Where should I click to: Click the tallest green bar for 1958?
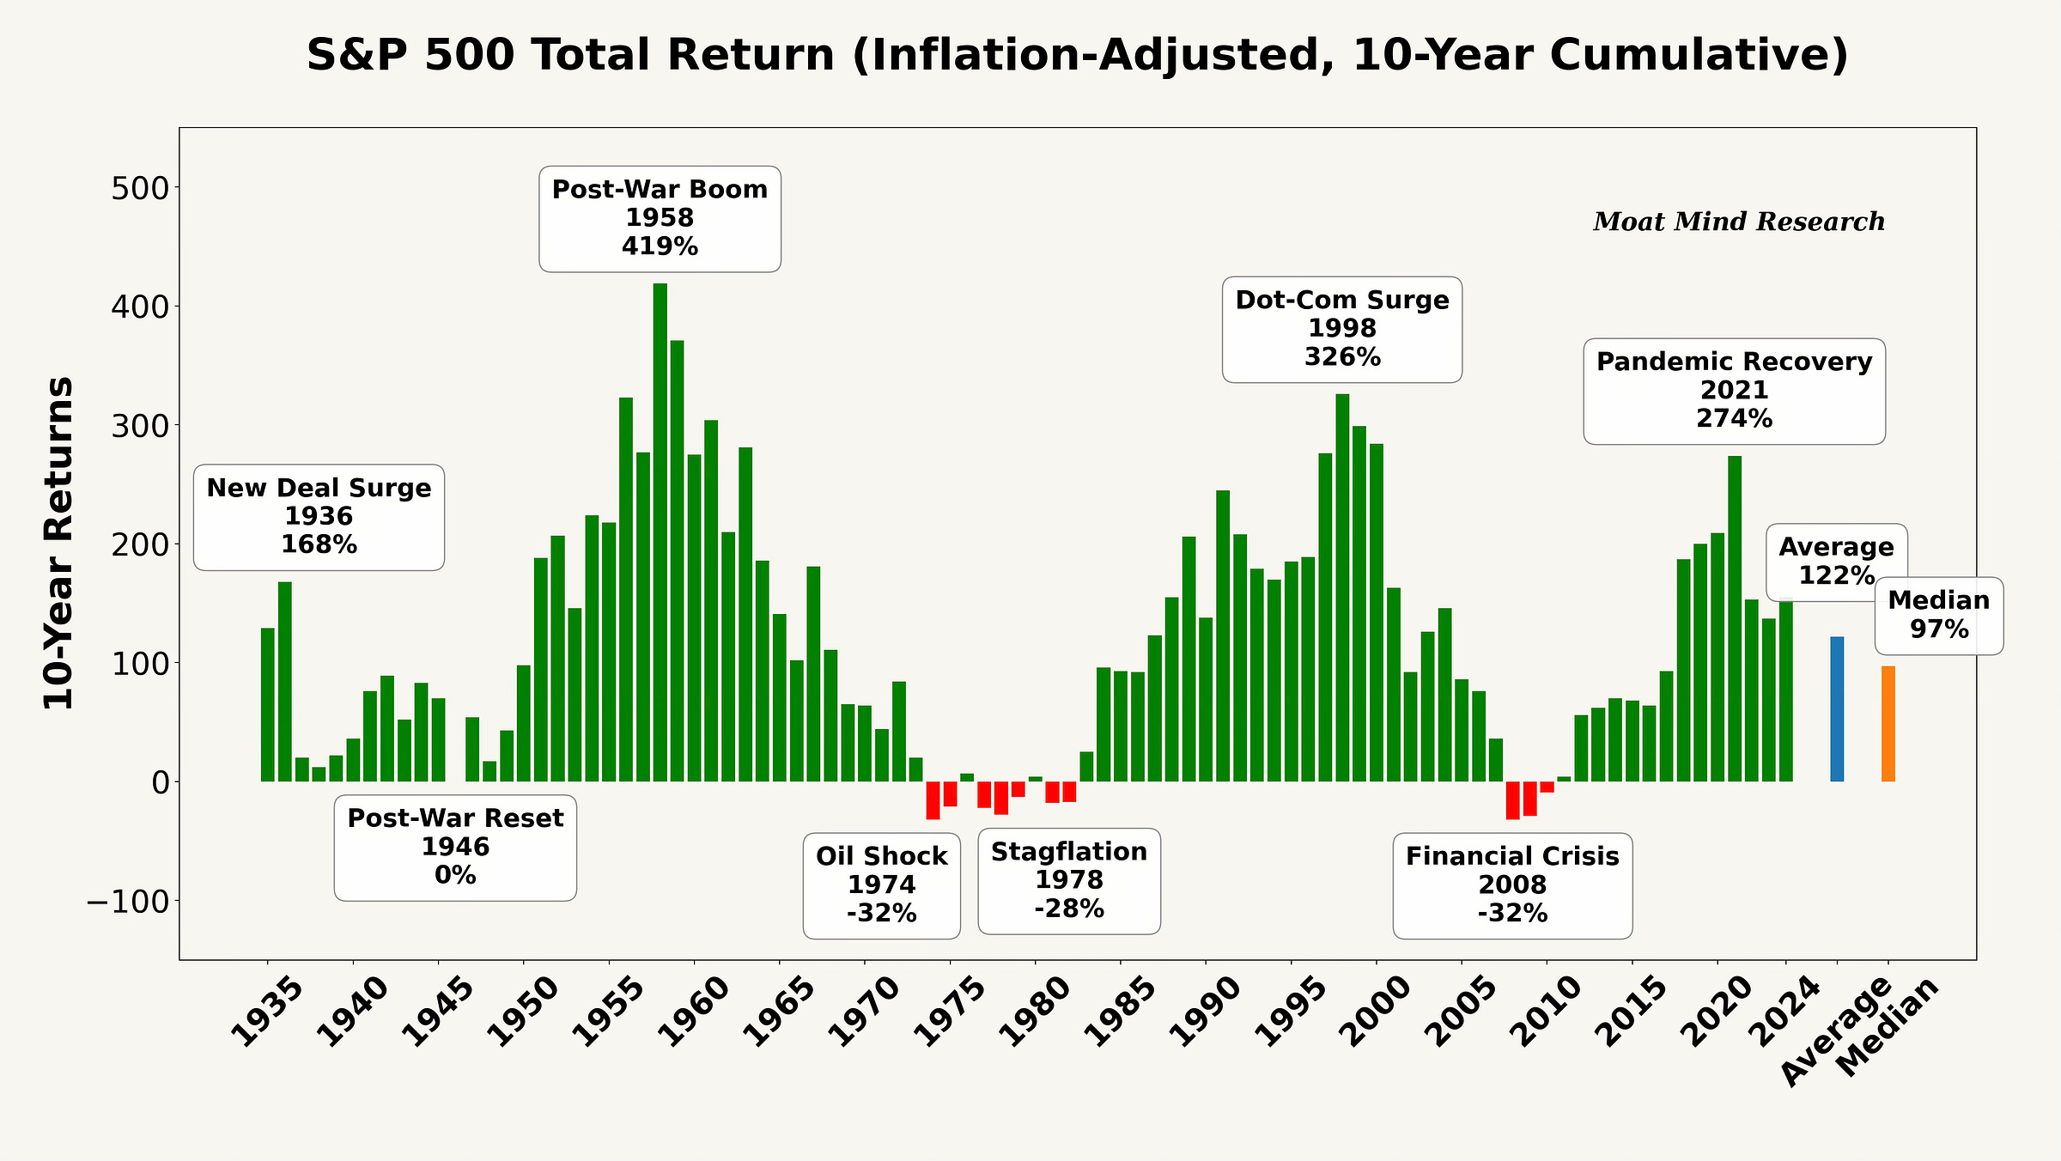point(660,532)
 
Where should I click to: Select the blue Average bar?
point(1837,709)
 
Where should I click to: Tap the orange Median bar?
point(1888,724)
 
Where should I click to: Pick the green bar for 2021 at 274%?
point(1735,618)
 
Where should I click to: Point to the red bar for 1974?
point(933,800)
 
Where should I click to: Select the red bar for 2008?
point(1512,800)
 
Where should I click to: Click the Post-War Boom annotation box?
point(660,219)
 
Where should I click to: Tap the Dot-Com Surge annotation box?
point(1342,329)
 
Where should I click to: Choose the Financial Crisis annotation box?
point(1512,885)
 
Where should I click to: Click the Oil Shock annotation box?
point(882,885)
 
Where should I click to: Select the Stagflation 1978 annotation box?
point(1069,881)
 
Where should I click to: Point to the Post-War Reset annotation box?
point(455,848)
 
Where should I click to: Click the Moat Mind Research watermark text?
point(1739,222)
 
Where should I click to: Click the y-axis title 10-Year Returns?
point(58,543)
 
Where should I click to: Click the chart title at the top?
point(1077,55)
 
